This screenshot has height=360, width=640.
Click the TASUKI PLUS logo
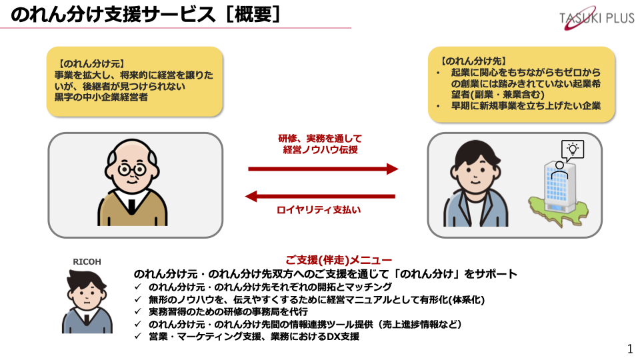[x=596, y=18]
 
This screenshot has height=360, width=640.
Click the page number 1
[x=630, y=349]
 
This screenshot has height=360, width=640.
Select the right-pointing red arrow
[x=323, y=169]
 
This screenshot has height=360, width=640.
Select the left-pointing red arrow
[x=320, y=196]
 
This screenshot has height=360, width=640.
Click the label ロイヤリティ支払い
[x=319, y=210]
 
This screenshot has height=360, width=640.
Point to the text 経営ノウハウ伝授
[x=321, y=150]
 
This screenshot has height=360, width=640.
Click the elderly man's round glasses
[x=132, y=169]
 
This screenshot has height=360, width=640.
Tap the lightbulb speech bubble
[x=573, y=150]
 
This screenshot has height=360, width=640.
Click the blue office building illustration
[x=559, y=187]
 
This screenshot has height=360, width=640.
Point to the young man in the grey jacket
[x=475, y=184]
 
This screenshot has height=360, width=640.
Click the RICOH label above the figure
[x=87, y=261]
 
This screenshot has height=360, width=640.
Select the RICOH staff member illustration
[x=87, y=301]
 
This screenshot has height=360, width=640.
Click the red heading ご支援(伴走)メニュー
[x=339, y=260]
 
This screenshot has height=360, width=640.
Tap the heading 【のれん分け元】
[x=90, y=64]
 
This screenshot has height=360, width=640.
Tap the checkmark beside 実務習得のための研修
[x=138, y=311]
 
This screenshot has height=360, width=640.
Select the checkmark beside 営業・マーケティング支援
[x=138, y=336]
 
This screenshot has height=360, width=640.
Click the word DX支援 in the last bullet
[x=343, y=336]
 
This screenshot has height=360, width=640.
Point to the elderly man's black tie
[x=131, y=206]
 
